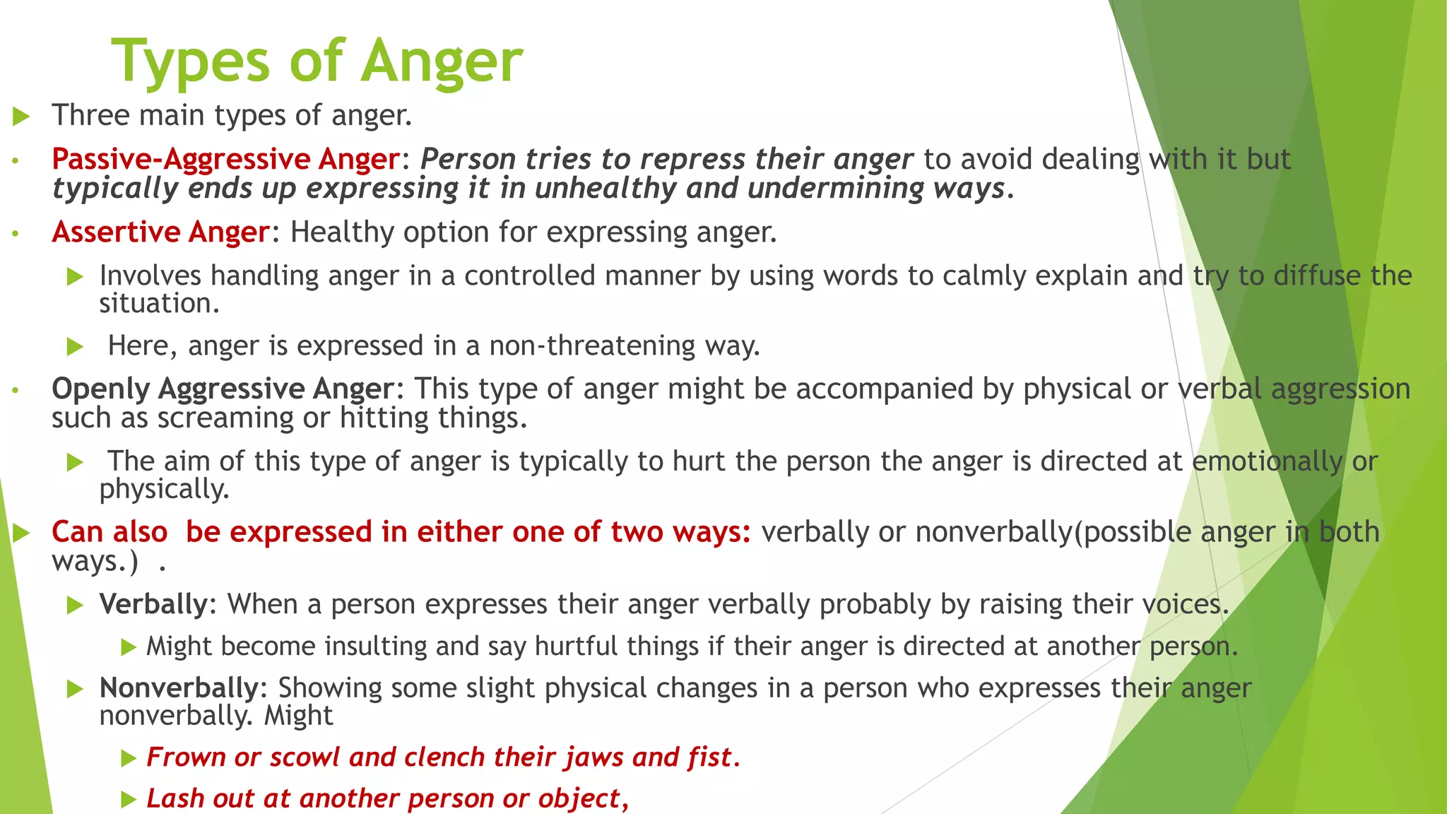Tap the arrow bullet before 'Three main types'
pyautogui.click(x=21, y=117)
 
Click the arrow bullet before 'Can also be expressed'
pyautogui.click(x=21, y=533)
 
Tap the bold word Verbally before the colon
pyautogui.click(x=153, y=605)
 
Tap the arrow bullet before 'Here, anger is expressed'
pyautogui.click(x=75, y=347)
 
